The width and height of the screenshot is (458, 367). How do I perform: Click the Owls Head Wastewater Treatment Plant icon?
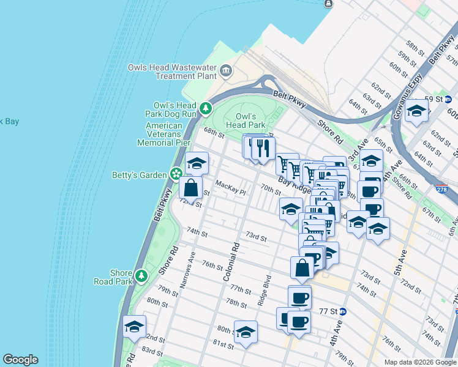pyautogui.click(x=226, y=72)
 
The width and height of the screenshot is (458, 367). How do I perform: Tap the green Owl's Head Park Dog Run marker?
pyautogui.click(x=207, y=109)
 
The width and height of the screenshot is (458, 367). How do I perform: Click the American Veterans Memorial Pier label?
pyautogui.click(x=164, y=134)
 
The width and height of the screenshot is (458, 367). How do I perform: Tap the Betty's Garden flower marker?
pyautogui.click(x=176, y=175)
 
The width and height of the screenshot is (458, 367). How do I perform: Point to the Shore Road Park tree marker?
pyautogui.click(x=141, y=276)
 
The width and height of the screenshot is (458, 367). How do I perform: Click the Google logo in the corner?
pyautogui.click(x=20, y=360)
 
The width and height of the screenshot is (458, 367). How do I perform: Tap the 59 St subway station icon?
pyautogui.click(x=448, y=98)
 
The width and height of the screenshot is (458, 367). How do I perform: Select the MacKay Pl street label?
pyautogui.click(x=230, y=184)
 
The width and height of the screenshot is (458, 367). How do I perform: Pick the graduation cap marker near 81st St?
pyautogui.click(x=246, y=332)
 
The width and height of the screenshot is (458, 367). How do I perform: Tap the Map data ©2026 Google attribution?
pyautogui.click(x=420, y=362)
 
